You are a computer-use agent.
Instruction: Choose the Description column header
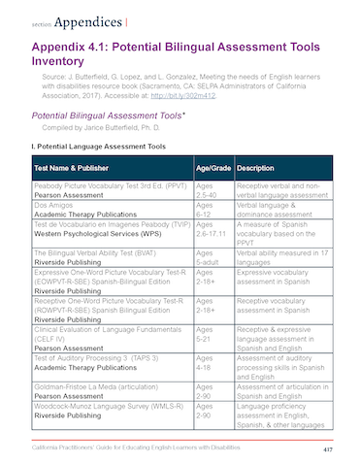coord(258,167)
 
